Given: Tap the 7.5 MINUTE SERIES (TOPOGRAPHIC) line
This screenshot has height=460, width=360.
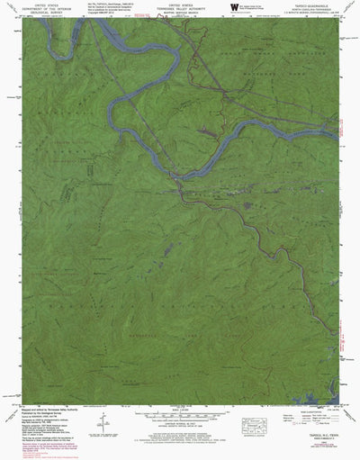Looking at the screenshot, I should point(310,14).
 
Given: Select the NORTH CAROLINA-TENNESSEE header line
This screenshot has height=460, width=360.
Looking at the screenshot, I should point(310,10).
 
